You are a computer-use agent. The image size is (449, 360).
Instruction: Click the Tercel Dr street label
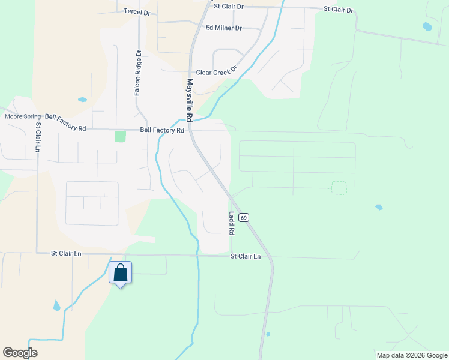pos(136,11)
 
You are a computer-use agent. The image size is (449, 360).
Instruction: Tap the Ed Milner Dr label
pos(223,28)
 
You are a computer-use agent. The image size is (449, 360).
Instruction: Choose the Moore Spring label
pos(23,116)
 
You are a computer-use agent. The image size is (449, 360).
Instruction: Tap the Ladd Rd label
pos(231,223)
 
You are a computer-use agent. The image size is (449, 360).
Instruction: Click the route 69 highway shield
pos(243,217)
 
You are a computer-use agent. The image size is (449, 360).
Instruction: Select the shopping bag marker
pos(120,273)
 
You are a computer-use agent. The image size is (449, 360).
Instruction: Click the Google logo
pos(20,353)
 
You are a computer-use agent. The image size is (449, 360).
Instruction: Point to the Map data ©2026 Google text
pos(411,355)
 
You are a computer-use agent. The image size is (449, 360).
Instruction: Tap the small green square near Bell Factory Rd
pos(121,136)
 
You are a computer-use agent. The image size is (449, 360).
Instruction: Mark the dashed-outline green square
pos(339,188)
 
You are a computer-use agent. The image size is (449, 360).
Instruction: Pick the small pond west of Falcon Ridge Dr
pos(82,100)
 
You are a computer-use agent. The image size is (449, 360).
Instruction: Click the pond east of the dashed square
pos(379,207)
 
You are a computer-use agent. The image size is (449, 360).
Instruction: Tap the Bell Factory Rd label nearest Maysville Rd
pos(161,130)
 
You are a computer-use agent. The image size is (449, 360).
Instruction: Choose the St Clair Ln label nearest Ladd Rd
pos(246,256)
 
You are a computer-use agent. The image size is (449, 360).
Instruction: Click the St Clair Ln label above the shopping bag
pos(66,253)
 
